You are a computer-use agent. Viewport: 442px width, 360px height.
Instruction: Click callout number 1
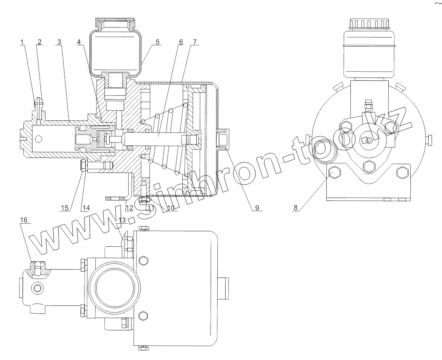22,42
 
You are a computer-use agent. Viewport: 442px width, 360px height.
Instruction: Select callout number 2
40,42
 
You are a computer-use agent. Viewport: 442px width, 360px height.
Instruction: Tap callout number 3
59,42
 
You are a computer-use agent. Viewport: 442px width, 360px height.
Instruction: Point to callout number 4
79,42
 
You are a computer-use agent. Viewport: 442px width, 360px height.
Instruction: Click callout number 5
157,42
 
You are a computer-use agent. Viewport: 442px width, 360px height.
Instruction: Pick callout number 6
181,42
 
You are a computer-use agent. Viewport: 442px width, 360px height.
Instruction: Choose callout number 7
194,42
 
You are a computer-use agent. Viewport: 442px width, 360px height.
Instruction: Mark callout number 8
295,208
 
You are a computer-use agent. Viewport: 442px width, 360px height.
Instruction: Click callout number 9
257,208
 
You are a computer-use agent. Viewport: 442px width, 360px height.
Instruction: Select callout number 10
171,208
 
